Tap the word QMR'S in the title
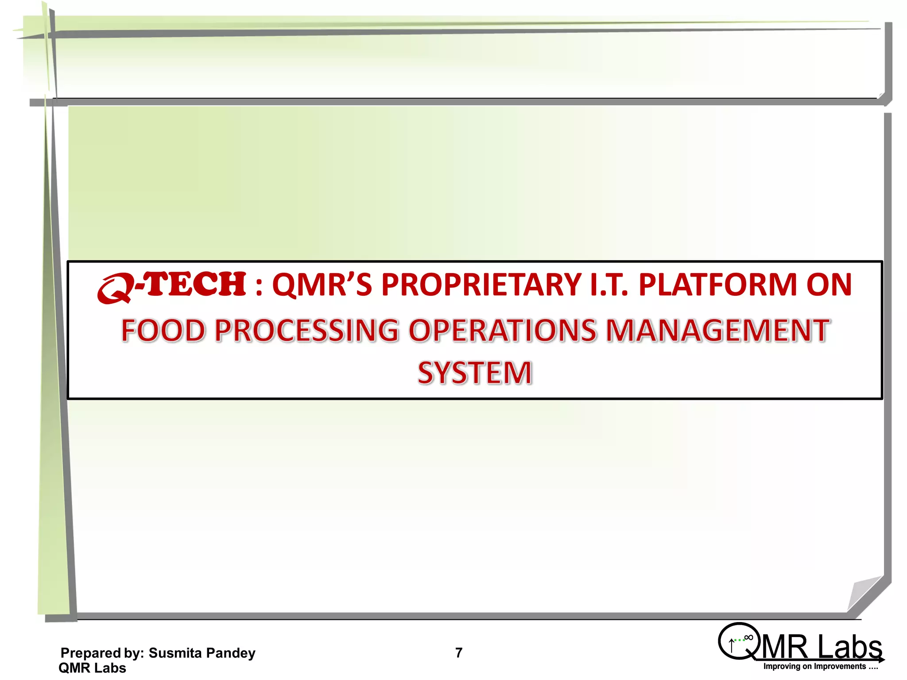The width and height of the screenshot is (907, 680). coord(322,285)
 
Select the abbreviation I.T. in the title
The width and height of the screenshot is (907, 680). coord(609,285)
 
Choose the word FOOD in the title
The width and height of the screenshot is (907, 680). coord(163,331)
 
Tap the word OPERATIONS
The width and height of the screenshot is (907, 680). coord(502,331)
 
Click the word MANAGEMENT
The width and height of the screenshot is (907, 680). coord(717,331)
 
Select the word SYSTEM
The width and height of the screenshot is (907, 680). coord(475,373)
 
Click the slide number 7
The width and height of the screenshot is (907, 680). coord(459,653)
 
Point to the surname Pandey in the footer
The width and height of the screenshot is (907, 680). coord(231,653)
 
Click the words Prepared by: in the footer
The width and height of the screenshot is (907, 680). coord(102,653)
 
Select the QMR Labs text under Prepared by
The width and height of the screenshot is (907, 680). coord(92,668)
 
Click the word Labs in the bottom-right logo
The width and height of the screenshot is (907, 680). coord(850,647)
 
